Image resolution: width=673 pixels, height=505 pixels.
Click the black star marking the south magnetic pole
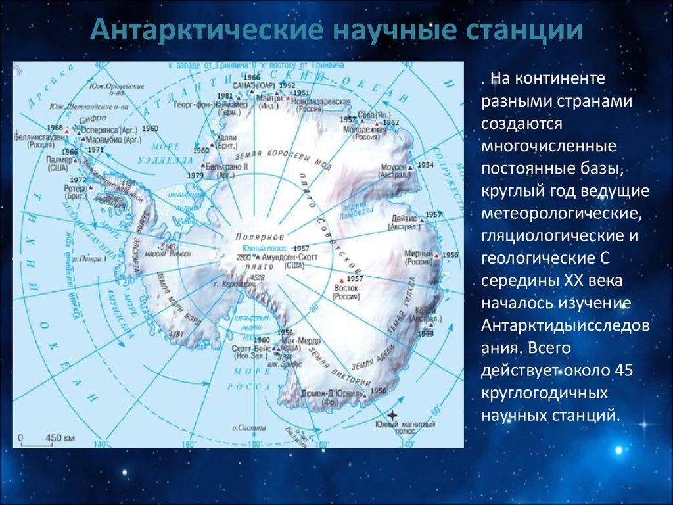click(x=392, y=415)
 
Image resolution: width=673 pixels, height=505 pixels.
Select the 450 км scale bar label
click(x=59, y=437)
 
